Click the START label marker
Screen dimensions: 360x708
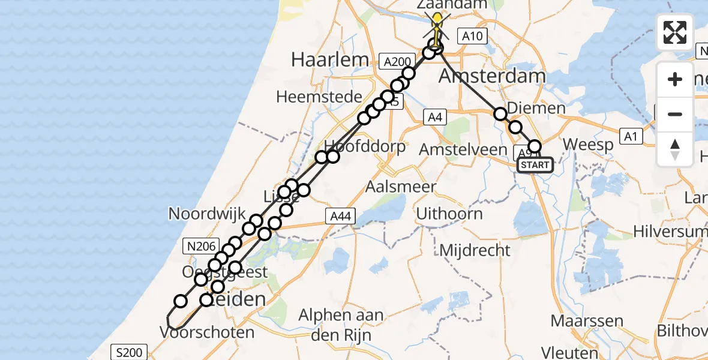534,164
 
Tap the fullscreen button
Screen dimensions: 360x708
675,32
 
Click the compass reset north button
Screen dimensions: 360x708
675,149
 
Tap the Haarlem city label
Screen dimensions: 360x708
329,59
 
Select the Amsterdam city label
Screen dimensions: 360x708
484,76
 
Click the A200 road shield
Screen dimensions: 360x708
397,61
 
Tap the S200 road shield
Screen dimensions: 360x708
129,352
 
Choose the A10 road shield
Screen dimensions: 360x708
471,36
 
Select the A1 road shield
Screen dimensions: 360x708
630,137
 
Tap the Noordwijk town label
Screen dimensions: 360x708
207,213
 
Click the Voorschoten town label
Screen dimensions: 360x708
207,332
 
